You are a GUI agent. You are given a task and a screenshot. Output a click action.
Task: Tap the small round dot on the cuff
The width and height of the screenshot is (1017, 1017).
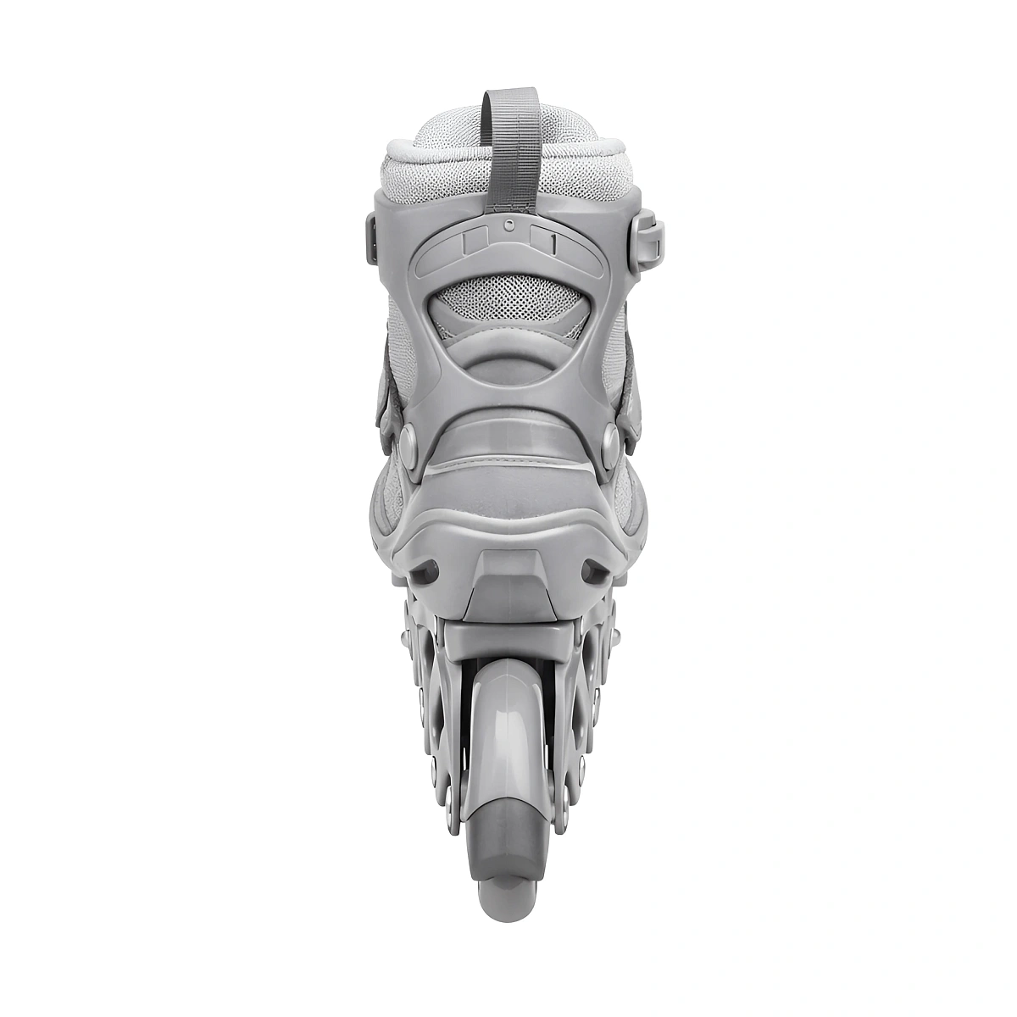[508, 225]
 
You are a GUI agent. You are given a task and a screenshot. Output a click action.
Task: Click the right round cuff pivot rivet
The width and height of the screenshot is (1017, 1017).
[609, 440]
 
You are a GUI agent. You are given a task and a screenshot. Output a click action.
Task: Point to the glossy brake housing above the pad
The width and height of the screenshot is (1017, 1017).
[508, 729]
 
